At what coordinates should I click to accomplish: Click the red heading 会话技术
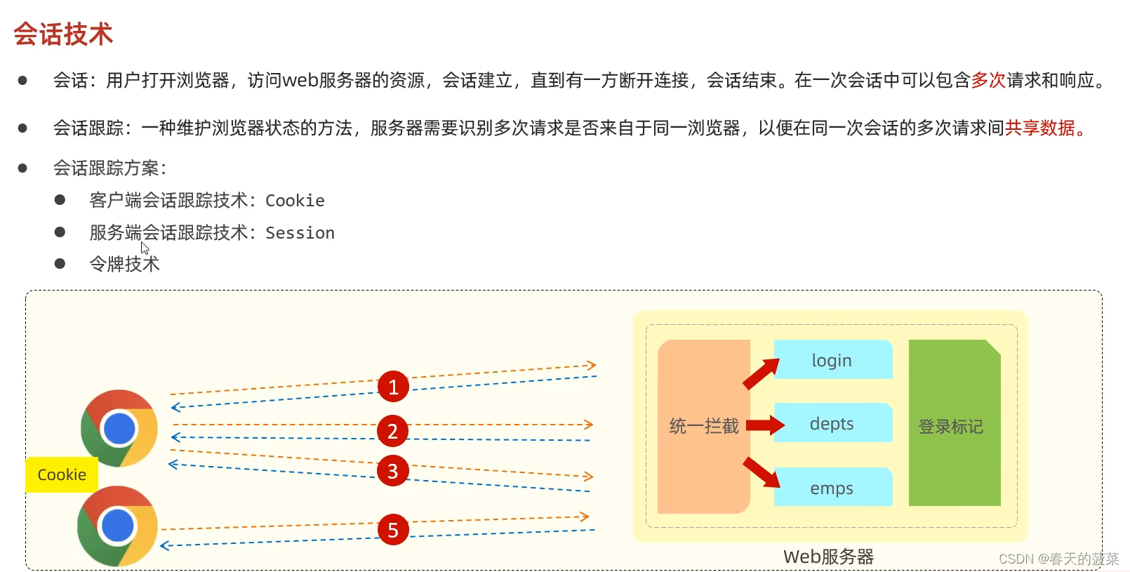tap(63, 34)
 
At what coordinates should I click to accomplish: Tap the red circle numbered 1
tap(393, 387)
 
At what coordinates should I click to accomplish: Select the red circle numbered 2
tap(393, 431)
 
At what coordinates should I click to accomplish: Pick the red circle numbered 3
tap(393, 471)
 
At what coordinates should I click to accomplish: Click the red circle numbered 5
tap(393, 530)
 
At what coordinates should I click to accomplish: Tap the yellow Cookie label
tap(62, 474)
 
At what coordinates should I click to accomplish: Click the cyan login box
tap(832, 360)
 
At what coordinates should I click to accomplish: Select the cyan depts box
tap(832, 423)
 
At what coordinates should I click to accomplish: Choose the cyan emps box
tap(832, 488)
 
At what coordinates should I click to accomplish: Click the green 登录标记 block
tap(954, 425)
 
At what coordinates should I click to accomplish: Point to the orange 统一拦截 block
tap(703, 426)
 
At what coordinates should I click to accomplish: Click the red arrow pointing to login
tap(762, 373)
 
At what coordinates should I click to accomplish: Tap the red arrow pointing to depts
tap(765, 425)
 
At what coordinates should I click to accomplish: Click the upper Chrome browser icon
tap(119, 428)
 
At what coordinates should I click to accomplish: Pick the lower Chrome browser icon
tap(117, 526)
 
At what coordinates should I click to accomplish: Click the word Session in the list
tap(300, 232)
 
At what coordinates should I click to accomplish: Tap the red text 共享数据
tap(1040, 128)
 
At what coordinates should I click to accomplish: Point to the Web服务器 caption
tap(828, 557)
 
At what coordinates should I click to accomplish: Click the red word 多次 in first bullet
tap(988, 80)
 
